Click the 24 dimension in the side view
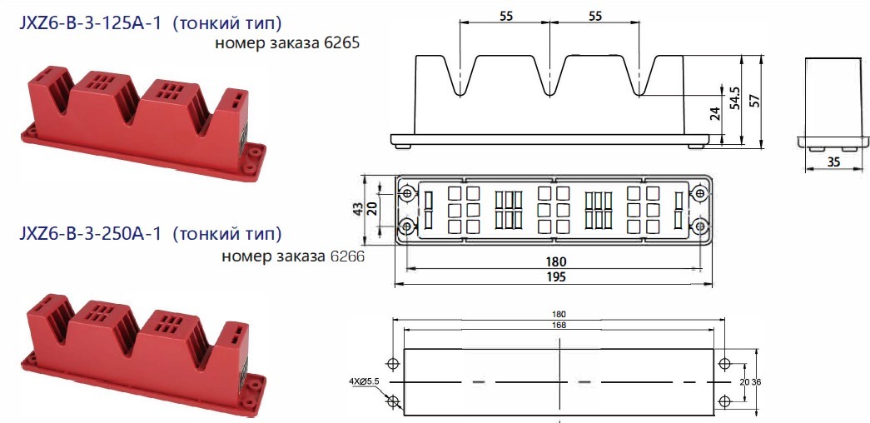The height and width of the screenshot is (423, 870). (x=714, y=114)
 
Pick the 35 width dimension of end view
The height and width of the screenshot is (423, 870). (x=833, y=162)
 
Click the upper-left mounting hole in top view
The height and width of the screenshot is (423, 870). (x=407, y=194)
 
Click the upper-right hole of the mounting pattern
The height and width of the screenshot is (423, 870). (x=724, y=364)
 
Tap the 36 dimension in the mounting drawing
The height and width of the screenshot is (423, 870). (x=757, y=382)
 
